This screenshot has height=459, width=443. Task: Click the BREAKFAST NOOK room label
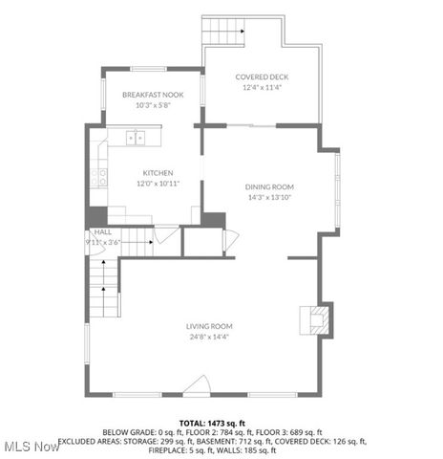coord(152,95)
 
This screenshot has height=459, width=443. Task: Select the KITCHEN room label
coord(157,173)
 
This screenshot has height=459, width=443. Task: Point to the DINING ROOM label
coord(269,186)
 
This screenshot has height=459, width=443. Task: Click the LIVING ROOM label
coord(209,326)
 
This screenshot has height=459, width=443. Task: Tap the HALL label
coord(102,231)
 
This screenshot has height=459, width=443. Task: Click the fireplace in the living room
coord(316,319)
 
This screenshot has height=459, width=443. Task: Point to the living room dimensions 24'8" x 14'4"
coord(209,336)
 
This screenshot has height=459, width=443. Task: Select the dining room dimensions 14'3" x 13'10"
coord(269,197)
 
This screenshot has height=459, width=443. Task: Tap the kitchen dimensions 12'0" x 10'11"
coord(157,184)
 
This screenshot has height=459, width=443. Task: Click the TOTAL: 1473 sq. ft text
coord(213,422)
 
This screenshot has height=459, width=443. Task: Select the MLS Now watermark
coord(31,447)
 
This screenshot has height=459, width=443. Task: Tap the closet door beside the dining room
coord(227,241)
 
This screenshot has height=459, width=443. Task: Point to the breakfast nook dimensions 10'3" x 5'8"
coord(152,105)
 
